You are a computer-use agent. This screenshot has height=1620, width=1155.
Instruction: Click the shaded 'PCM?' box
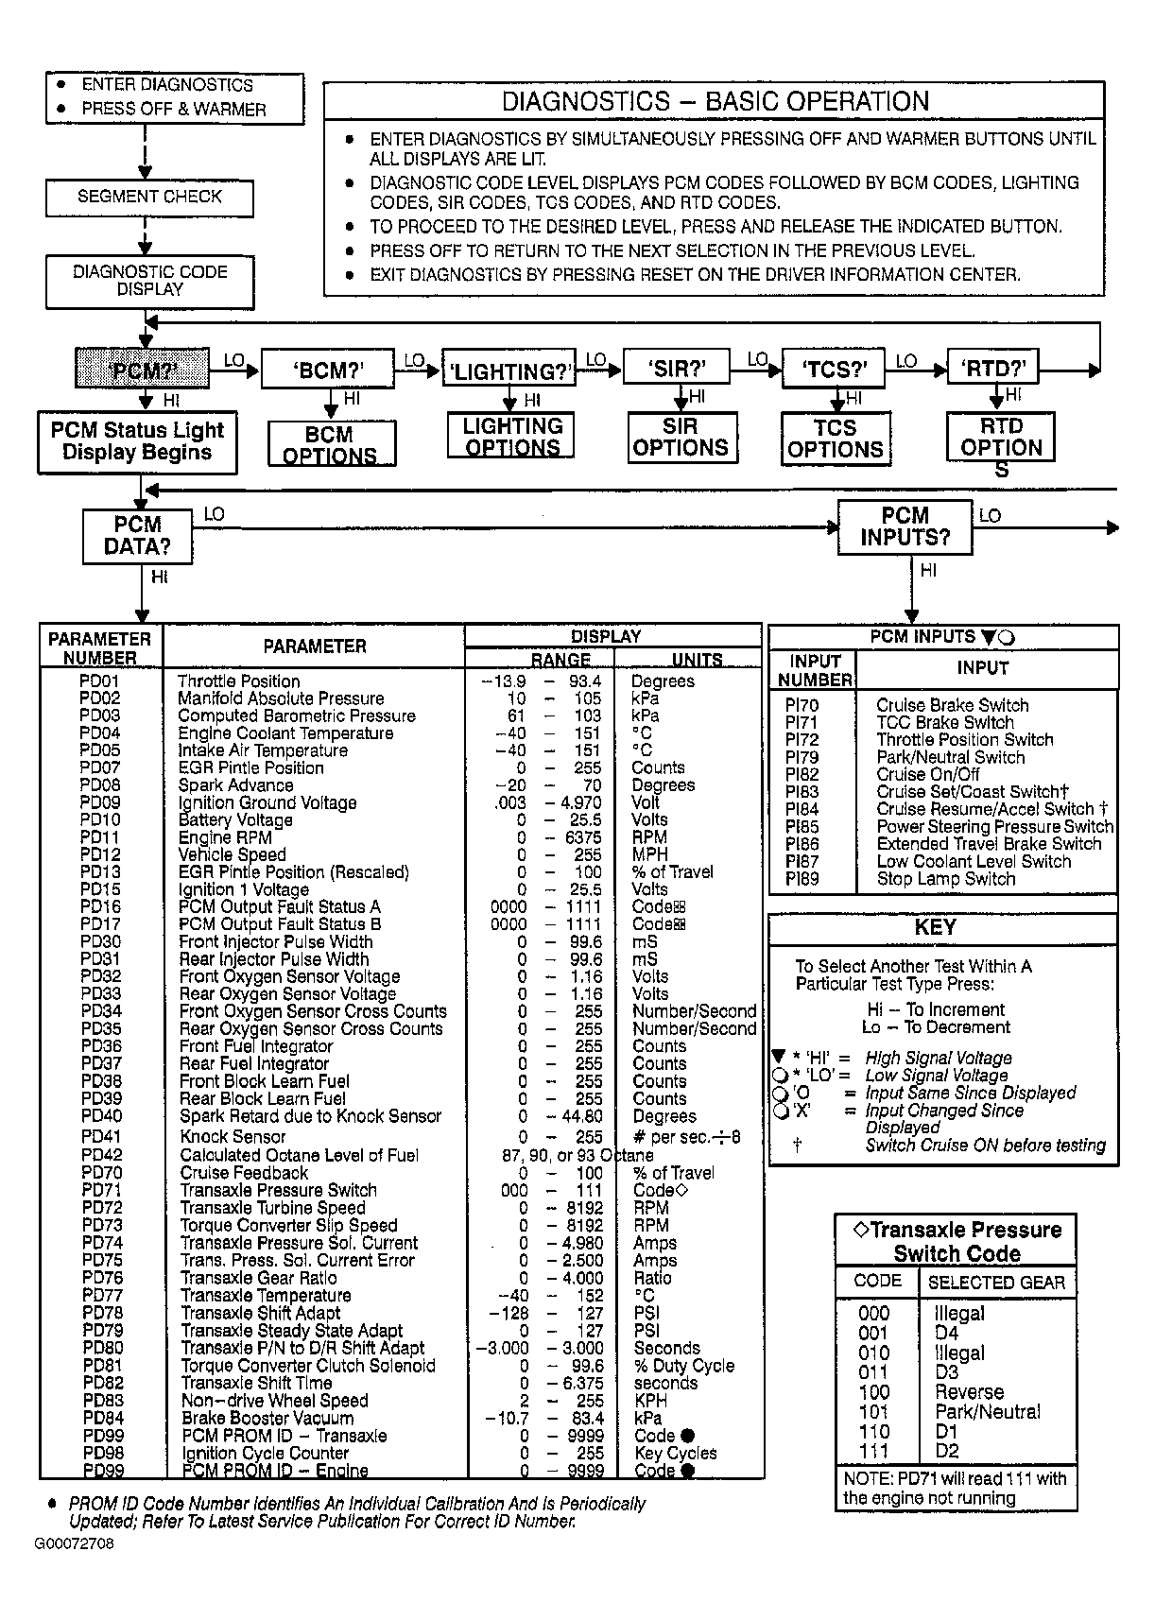(142, 369)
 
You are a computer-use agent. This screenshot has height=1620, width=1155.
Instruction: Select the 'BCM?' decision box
(327, 370)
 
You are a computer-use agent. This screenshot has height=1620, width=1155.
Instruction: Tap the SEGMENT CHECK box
(149, 198)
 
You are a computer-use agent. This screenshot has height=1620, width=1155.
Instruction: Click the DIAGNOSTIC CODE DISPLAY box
(149, 281)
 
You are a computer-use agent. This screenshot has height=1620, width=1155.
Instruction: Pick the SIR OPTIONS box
(681, 439)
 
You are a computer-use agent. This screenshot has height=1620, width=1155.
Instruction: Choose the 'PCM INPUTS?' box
(905, 527)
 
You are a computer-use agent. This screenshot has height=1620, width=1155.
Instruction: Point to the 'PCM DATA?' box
(137, 536)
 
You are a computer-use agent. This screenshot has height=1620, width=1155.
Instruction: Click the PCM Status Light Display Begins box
(137, 441)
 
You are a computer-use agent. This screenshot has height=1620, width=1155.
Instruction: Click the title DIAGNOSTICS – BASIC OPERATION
(715, 102)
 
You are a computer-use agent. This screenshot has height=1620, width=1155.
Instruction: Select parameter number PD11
(100, 837)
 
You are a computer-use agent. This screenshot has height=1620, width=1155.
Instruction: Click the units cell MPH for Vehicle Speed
(649, 854)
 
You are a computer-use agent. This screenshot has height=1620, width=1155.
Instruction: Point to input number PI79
(802, 757)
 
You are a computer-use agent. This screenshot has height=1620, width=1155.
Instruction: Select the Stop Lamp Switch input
(945, 879)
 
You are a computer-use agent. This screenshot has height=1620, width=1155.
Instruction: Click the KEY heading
(935, 927)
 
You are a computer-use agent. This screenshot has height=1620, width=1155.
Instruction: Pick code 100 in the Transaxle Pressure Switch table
(874, 1392)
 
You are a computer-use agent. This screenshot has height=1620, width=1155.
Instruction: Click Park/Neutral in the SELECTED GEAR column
(987, 1412)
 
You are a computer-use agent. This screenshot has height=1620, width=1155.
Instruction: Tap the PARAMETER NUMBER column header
(100, 648)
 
